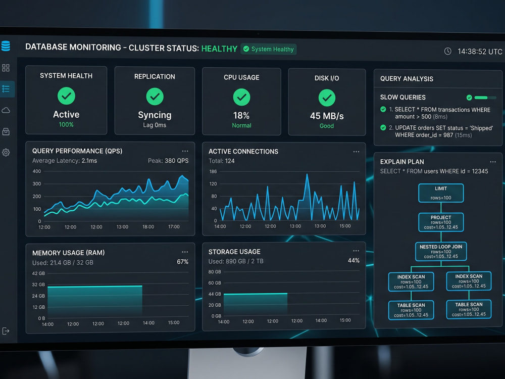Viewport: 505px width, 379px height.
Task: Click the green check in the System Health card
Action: point(66,96)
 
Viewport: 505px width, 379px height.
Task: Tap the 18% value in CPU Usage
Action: point(241,115)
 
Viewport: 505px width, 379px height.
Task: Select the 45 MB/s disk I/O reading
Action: point(327,116)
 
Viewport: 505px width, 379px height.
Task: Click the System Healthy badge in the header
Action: point(268,49)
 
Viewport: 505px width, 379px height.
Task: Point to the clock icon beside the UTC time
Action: point(447,51)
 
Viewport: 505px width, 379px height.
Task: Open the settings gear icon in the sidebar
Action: point(6,152)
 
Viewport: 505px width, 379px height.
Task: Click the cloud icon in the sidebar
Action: point(6,111)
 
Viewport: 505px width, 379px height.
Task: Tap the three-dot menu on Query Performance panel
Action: point(185,151)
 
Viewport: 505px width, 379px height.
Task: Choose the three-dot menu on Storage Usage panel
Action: point(356,251)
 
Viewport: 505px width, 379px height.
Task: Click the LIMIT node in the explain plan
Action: point(441,193)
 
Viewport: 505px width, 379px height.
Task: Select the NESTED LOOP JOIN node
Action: point(441,251)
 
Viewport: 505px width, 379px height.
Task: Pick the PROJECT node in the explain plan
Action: point(441,222)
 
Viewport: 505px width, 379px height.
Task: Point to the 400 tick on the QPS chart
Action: point(37,171)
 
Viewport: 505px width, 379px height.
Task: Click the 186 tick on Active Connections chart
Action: point(213,171)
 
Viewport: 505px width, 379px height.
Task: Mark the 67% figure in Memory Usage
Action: point(183,262)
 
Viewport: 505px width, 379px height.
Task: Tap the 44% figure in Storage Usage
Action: point(353,260)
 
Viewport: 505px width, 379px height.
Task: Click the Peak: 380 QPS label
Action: point(168,161)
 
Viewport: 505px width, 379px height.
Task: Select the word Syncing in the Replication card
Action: point(155,115)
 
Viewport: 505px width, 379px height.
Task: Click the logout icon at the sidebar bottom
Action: point(6,331)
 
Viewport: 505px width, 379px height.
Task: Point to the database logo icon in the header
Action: point(6,46)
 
